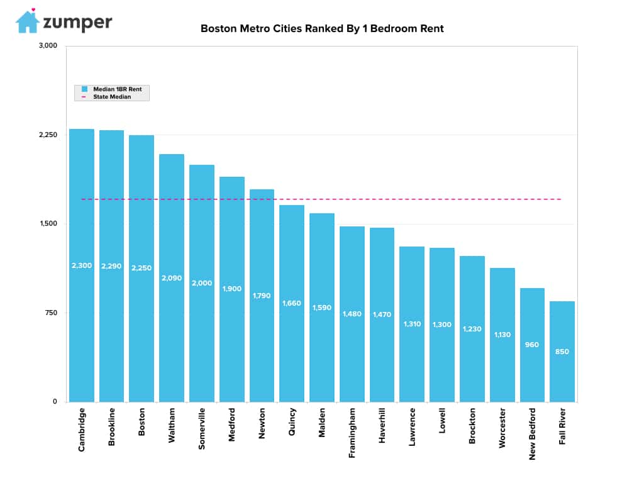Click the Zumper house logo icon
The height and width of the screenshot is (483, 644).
pos(27,21)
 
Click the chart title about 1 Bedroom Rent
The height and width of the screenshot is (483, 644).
pos(322,28)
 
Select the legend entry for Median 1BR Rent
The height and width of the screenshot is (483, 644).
pos(112,89)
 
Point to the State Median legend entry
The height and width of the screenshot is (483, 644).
pos(106,97)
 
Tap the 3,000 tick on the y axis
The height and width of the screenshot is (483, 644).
pos(48,45)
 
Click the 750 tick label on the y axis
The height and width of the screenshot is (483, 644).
pos(51,313)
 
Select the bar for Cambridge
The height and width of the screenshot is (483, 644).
pos(82,265)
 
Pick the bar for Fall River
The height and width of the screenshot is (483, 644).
pos(562,352)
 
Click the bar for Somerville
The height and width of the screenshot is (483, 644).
pos(202,284)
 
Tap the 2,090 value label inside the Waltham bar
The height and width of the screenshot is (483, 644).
pos(172,278)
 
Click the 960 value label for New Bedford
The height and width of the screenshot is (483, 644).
pos(532,345)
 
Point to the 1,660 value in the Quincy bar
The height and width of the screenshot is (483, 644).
pos(292,303)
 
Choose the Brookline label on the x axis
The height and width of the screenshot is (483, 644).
pos(111,427)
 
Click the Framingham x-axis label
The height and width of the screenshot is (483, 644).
pos(352,433)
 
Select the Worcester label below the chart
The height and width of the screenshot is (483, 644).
pos(502,428)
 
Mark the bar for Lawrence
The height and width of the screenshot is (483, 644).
pos(412,324)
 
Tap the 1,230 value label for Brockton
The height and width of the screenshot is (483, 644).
pos(472,329)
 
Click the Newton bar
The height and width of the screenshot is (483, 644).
pos(262,296)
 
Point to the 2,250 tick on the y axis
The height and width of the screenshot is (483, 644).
pos(48,135)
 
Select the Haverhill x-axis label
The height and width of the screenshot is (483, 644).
pos(382,426)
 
